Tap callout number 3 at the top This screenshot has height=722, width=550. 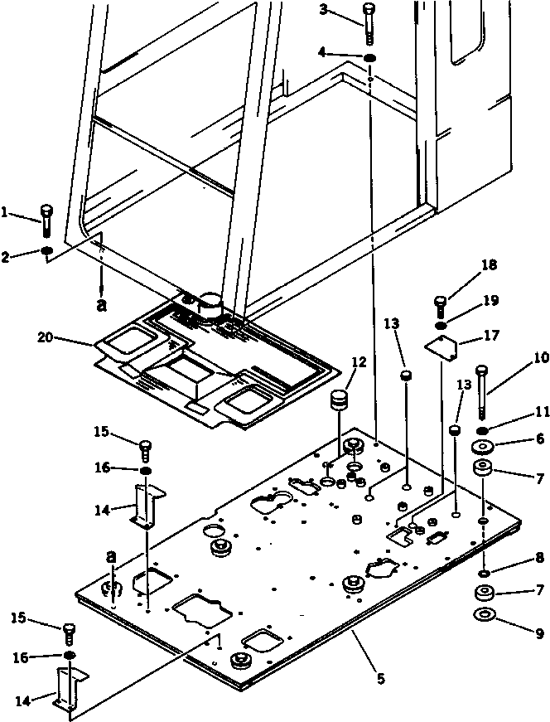click(x=324, y=10)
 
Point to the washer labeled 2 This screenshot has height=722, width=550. click(x=48, y=251)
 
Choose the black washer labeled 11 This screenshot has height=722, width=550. click(x=483, y=431)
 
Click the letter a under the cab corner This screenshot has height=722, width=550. click(x=102, y=305)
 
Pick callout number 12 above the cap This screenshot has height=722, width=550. click(x=358, y=361)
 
